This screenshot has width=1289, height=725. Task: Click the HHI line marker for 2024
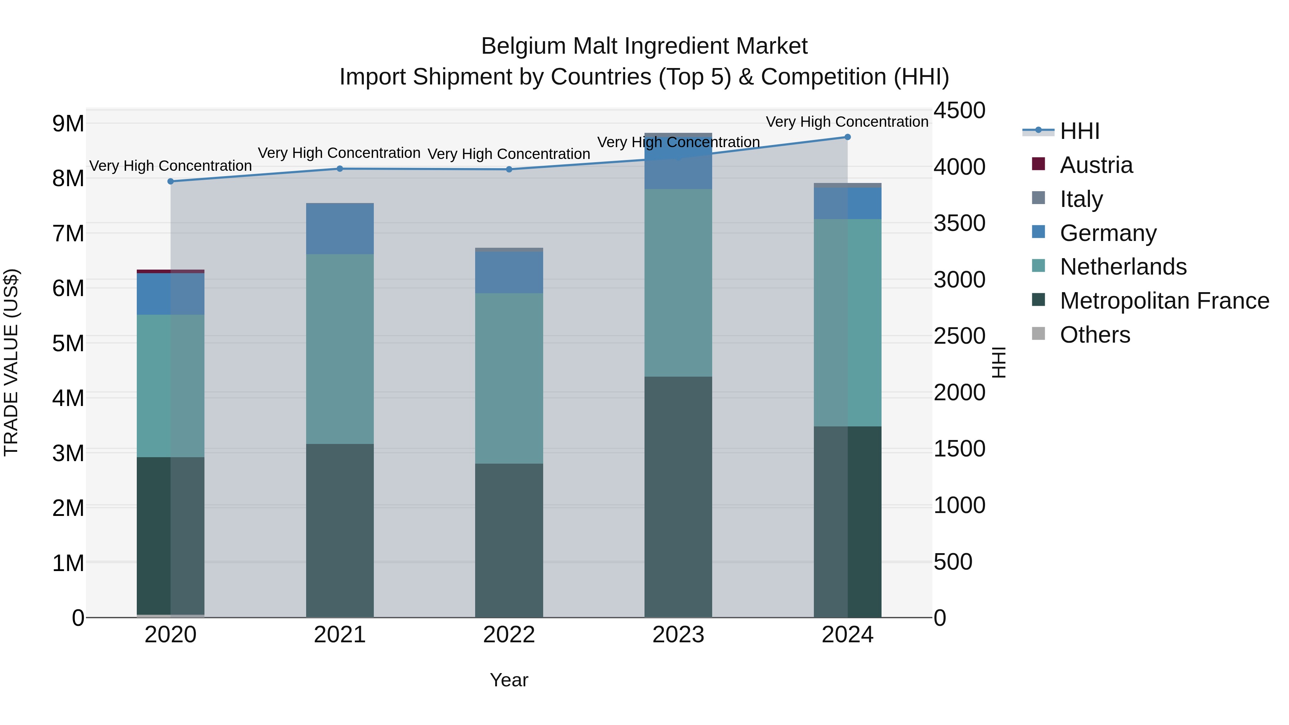point(847,137)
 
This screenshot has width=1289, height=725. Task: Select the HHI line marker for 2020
point(171,181)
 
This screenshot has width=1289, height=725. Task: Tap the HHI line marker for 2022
point(509,169)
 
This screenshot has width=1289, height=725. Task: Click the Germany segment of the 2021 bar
point(340,229)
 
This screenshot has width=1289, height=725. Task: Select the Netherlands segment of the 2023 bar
point(678,283)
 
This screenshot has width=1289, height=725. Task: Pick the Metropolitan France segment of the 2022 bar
point(509,540)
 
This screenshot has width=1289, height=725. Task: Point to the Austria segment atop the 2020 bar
point(171,271)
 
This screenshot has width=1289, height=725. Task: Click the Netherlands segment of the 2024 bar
point(847,323)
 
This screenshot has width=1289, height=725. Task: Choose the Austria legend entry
point(1096,165)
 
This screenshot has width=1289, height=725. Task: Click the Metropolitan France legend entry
point(1164,301)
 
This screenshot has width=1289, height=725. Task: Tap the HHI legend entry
point(1079,131)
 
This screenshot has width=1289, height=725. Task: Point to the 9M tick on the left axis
point(68,124)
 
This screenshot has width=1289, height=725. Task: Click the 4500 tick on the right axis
point(959,111)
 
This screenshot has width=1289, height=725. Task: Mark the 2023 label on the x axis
point(678,635)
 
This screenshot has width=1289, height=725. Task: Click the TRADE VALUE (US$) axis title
point(11,362)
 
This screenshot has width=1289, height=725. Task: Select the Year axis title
point(509,680)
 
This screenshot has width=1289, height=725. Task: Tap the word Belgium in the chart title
point(523,46)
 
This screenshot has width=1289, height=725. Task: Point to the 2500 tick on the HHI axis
point(959,336)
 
